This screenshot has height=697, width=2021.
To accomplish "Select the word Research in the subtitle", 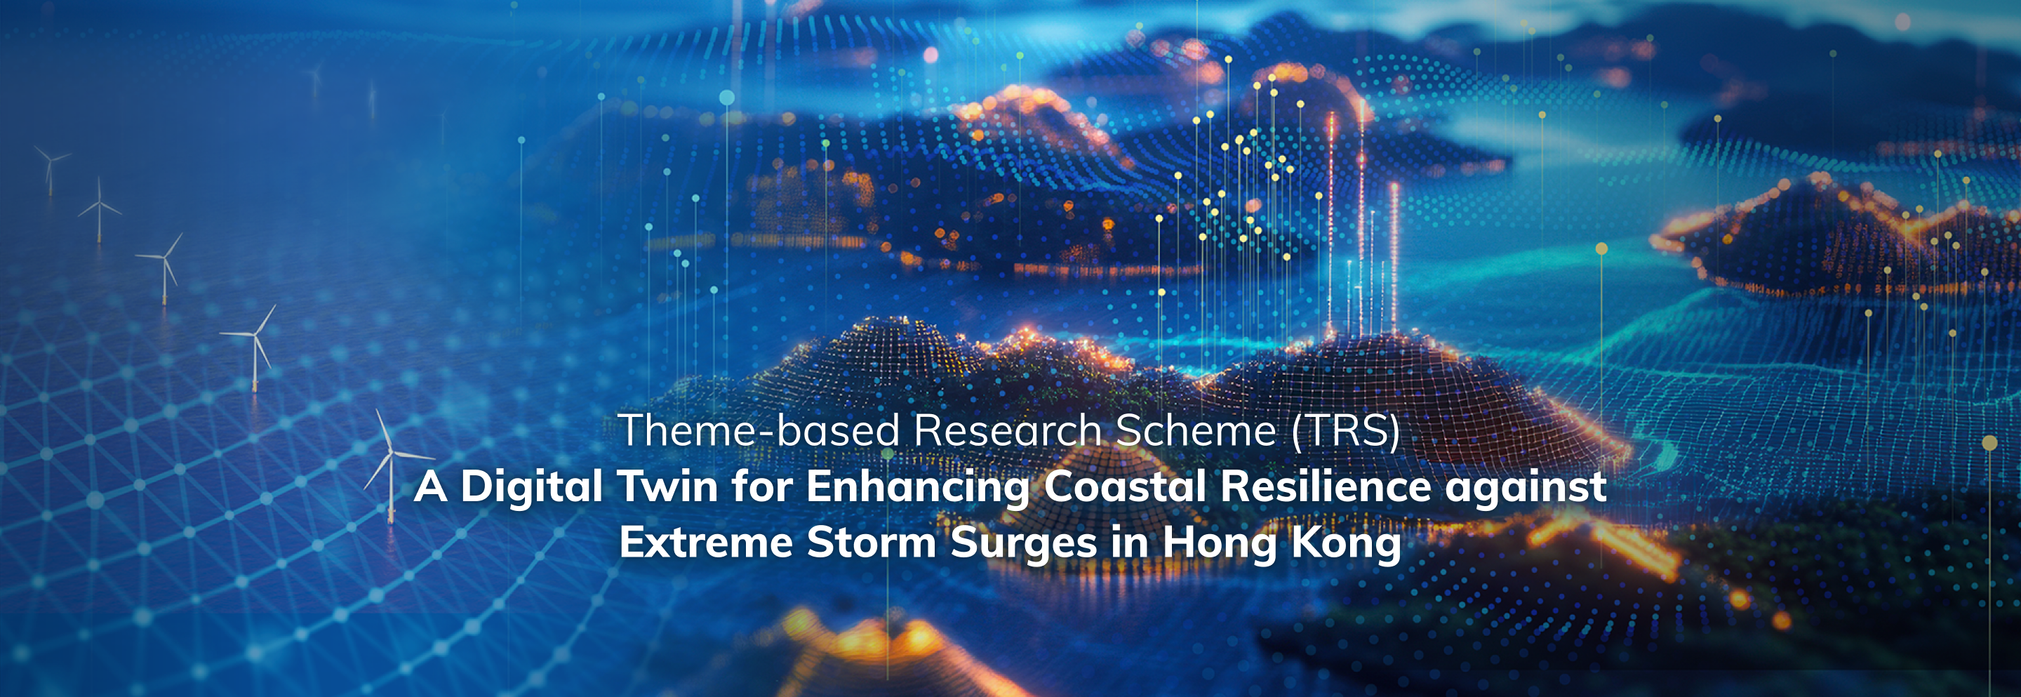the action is (1008, 430).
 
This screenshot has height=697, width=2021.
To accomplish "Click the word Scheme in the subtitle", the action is (1196, 430).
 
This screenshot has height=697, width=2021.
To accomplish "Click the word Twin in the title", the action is (667, 486).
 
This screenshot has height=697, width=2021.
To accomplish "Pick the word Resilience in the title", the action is (1326, 486).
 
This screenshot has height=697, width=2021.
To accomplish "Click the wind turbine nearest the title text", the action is (391, 466).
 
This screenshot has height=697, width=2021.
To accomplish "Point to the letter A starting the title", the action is (430, 486).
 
